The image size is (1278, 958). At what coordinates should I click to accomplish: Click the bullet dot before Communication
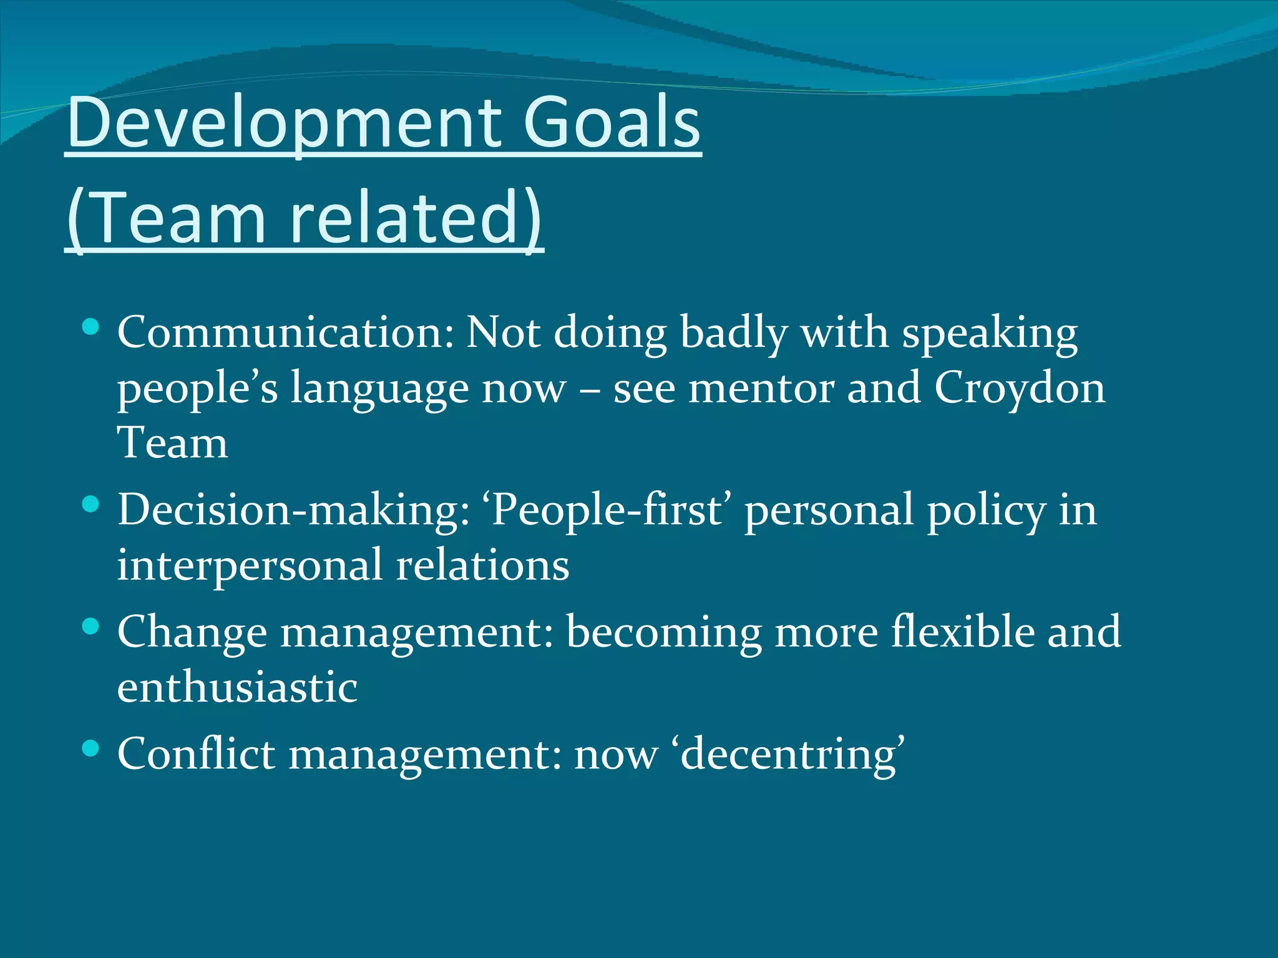click(90, 327)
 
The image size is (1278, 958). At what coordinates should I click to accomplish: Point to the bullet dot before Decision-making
click(90, 505)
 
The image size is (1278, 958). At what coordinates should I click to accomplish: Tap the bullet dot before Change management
click(90, 627)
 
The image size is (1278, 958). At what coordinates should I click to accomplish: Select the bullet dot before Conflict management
click(90, 748)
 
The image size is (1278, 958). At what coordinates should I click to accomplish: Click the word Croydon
click(1019, 388)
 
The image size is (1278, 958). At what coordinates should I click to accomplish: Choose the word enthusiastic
click(237, 687)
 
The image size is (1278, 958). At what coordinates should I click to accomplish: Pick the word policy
click(985, 510)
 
